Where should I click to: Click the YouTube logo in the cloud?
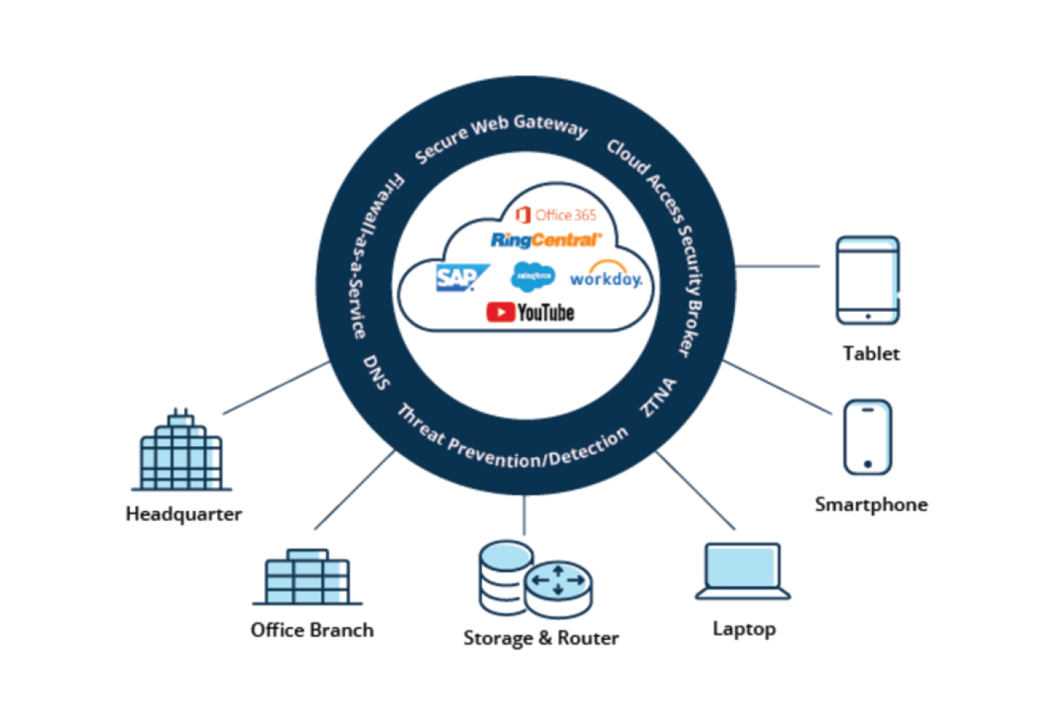click(531, 312)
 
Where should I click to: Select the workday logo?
click(605, 277)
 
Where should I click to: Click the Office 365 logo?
click(556, 215)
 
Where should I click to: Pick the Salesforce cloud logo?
click(533, 277)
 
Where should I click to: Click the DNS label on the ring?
click(377, 372)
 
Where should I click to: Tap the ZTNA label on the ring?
click(659, 397)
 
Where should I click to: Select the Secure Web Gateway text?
click(501, 136)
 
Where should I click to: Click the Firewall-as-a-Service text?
click(372, 257)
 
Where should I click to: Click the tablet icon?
click(867, 280)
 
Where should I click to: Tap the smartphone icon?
click(867, 436)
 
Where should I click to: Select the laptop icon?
click(743, 572)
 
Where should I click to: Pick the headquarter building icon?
click(181, 453)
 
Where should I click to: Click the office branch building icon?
click(308, 577)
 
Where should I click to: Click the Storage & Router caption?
click(541, 638)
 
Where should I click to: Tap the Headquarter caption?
click(184, 514)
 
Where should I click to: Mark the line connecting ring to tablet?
click(777, 267)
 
